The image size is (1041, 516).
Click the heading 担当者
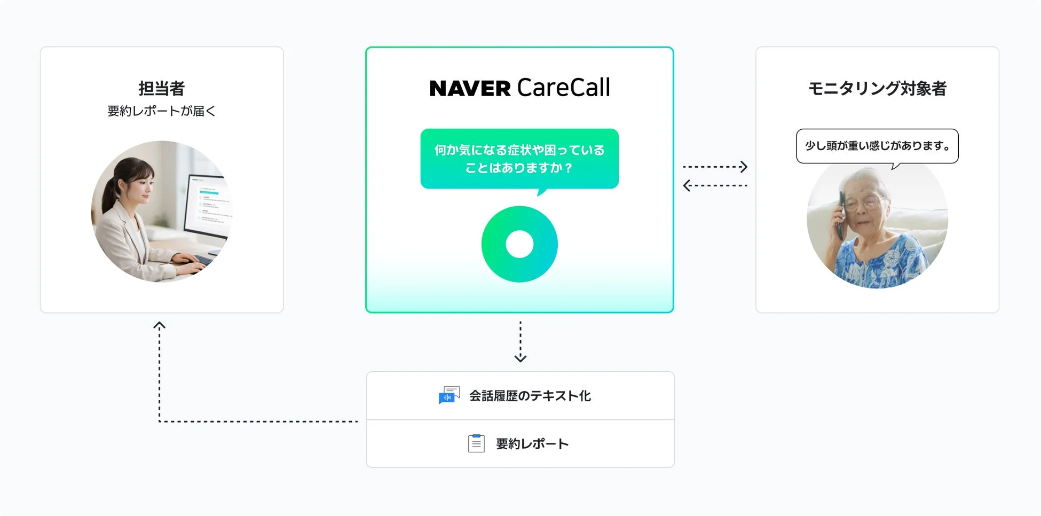coord(161,88)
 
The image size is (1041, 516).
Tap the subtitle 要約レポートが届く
coord(161,111)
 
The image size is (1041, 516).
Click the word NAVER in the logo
coord(470,89)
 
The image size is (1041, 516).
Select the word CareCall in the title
coord(563,88)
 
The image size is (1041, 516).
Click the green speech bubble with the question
coord(519,159)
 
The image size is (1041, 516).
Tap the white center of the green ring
coord(519,244)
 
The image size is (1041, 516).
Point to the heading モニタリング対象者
coord(877,88)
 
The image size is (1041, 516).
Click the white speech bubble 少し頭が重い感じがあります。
coord(877,146)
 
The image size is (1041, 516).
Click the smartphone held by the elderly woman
coord(841,214)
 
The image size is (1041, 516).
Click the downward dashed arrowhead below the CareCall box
coord(520,358)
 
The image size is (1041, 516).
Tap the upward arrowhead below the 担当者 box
coord(159,325)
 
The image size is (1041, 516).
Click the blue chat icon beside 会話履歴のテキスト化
coord(448,396)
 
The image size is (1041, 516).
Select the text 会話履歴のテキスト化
coord(530,396)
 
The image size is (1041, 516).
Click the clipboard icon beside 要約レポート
coord(476,443)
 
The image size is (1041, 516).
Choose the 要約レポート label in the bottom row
coord(532,444)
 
